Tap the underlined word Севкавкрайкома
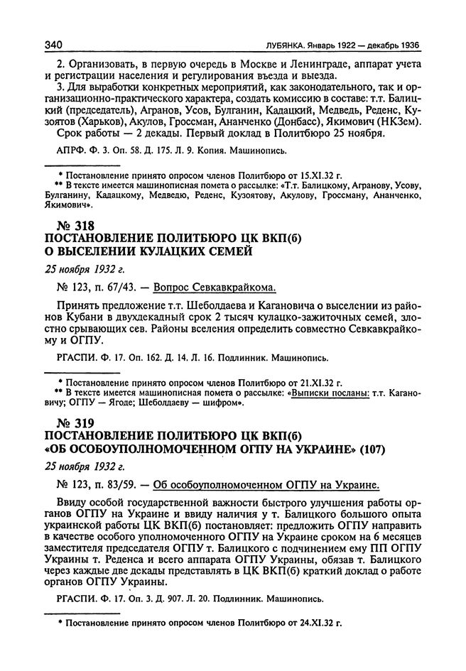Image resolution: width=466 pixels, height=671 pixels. [234, 287]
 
